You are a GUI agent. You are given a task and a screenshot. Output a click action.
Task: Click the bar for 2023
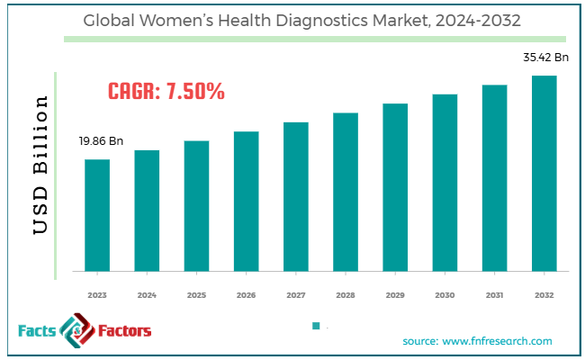point(97,215)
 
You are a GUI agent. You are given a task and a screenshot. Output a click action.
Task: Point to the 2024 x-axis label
point(147,294)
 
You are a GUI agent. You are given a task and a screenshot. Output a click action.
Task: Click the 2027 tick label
point(295,294)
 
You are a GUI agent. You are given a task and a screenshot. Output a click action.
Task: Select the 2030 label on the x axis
point(445,294)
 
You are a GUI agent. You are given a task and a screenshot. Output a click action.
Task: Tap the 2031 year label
point(494,294)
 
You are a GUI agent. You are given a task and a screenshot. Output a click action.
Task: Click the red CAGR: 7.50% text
point(166,91)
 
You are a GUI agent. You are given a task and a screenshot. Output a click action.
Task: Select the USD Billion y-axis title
point(41,166)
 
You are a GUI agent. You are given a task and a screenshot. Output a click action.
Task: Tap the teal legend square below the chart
point(316,326)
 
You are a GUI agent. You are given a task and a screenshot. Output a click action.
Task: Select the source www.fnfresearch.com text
point(477,341)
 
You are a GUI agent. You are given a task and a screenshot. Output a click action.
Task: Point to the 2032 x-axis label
point(544,294)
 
